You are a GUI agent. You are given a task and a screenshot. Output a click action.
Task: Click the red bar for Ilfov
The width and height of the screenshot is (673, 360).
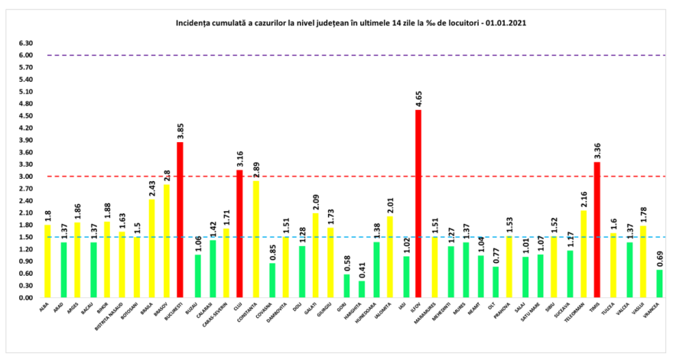418,203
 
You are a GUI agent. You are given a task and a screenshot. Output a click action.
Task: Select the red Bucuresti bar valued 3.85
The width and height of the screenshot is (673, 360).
180,220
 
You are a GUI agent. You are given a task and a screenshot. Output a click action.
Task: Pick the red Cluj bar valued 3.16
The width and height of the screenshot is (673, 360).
239,233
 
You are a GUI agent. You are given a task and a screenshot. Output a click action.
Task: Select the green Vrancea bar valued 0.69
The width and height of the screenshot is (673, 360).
659,284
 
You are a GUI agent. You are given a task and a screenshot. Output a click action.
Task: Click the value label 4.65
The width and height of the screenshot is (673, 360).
418,97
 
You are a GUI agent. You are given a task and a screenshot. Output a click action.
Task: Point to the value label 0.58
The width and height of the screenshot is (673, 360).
346,261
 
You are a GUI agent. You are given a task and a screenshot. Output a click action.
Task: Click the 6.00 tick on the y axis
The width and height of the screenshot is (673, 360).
25,55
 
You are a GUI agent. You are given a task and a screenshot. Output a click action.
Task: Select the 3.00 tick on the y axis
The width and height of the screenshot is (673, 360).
25,177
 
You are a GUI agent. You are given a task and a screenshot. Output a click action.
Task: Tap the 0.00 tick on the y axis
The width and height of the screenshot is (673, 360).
25,298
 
